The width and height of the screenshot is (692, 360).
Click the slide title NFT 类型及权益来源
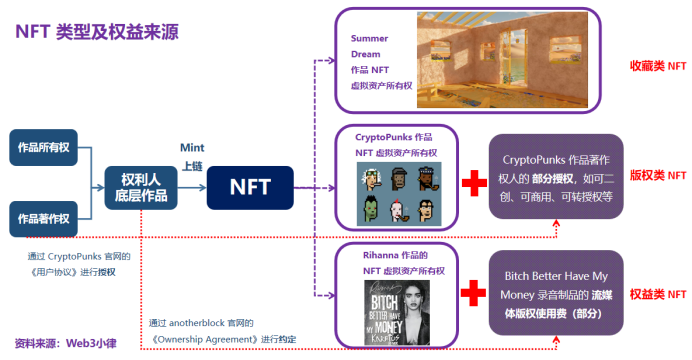coord(96,31)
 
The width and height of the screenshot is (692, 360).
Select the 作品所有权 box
coord(43,148)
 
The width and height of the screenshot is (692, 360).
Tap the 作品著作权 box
coord(43,218)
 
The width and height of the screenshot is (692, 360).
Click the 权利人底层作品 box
coord(141,187)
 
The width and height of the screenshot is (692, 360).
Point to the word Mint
coord(191,147)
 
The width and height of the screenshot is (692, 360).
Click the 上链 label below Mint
coord(190,167)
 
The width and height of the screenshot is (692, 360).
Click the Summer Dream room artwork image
coord(504,59)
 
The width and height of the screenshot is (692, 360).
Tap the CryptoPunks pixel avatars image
coord(396,194)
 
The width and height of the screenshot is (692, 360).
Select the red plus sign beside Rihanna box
coord(473,293)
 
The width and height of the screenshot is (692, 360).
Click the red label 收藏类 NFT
coord(657,66)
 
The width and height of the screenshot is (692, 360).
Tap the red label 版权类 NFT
coord(657,173)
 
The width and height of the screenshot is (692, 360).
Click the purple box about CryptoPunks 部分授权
coord(555,179)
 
